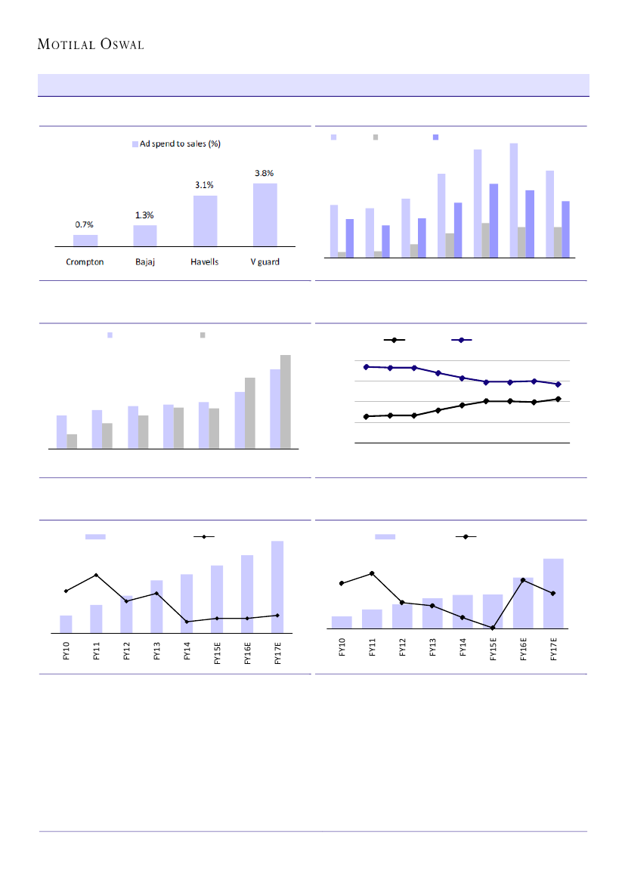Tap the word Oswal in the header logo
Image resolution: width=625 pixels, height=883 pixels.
tap(120, 45)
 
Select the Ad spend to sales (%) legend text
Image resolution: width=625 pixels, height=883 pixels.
tap(180, 144)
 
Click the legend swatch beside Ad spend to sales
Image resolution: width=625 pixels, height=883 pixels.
tap(135, 144)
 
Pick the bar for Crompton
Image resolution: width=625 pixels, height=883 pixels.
tap(85, 240)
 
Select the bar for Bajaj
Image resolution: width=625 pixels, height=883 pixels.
tap(145, 235)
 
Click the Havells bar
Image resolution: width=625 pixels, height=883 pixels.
tap(205, 221)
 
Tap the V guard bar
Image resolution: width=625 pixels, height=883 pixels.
tap(265, 215)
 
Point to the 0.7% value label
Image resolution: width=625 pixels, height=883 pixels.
tap(85, 224)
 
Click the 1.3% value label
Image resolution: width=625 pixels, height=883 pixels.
tap(145, 215)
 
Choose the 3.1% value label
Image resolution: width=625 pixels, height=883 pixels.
tap(205, 185)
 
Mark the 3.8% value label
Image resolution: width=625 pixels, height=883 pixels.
tap(265, 172)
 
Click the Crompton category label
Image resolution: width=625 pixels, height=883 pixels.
tap(84, 262)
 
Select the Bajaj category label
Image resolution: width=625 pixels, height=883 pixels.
tap(145, 262)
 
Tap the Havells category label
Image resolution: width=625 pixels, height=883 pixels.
tap(205, 262)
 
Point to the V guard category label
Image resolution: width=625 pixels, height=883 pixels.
tap(265, 262)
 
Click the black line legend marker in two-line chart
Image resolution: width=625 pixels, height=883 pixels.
tap(394, 341)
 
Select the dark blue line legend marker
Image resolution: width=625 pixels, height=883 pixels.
tap(462, 341)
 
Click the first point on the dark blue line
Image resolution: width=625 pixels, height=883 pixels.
tap(367, 367)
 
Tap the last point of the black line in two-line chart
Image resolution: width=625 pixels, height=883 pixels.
tap(558, 399)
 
